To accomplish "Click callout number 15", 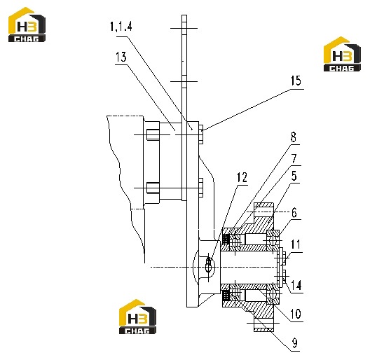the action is coord(296,81).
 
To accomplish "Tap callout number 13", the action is coord(121,57).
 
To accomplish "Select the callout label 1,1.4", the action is coord(121,26).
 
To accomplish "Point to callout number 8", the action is coord(294,137).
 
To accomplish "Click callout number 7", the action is coord(294,158).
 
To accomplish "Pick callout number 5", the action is coord(294,176).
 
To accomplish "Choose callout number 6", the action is coord(294,213).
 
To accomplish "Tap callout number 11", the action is coord(296,244).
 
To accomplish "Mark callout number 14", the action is coord(296,285).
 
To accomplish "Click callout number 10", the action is coord(296,314).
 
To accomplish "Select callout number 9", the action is coord(294,343).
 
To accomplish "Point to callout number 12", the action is coord(242,177).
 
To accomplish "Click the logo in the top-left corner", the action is coord(27,25).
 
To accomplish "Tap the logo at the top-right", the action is coord(342,54).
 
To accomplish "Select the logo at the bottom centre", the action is coord(137,317).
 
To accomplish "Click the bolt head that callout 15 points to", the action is coord(201,134).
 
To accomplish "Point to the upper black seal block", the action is coord(225,239).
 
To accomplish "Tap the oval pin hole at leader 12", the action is coord(208,264).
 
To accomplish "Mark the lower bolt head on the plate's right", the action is coord(201,188).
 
